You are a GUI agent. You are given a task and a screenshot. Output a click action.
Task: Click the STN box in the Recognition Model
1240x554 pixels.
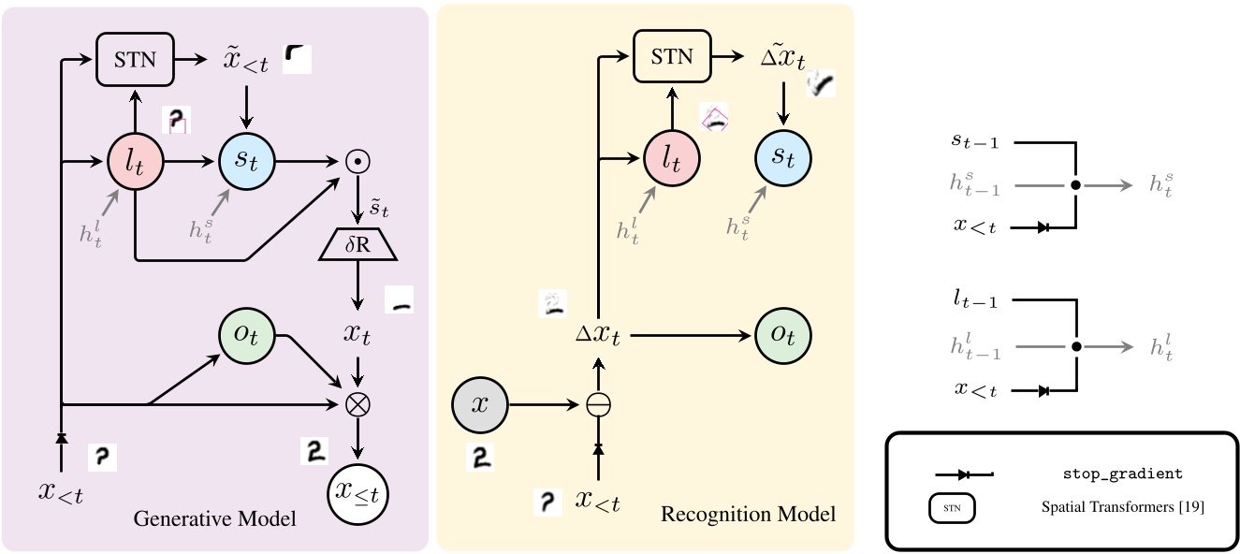point(672,57)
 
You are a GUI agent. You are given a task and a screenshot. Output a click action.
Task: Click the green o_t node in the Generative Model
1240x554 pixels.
point(247,336)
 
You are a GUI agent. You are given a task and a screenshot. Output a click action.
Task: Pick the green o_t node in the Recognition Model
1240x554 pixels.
point(783,336)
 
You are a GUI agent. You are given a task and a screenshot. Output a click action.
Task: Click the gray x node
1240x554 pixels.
point(479,405)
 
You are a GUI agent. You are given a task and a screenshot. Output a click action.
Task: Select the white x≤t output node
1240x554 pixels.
point(357,489)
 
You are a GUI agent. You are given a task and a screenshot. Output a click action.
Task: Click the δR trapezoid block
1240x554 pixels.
point(357,246)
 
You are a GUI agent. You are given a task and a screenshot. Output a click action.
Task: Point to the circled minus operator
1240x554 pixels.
point(598,405)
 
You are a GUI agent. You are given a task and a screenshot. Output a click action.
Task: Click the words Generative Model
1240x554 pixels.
point(215,518)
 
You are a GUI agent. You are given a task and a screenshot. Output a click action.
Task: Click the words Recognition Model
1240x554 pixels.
point(748,515)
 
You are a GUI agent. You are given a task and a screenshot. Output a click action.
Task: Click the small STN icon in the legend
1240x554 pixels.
point(953,508)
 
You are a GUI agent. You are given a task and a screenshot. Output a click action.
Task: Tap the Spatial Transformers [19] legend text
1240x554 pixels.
point(1122,508)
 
